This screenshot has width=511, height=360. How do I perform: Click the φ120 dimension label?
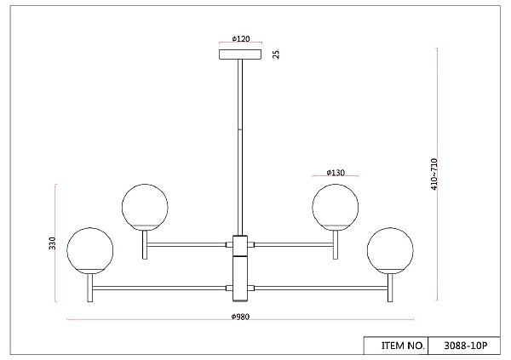(241, 39)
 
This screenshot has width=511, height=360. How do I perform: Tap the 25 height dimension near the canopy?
(276, 54)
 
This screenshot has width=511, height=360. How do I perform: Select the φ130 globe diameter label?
(336, 173)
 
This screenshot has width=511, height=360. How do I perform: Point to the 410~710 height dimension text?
(433, 174)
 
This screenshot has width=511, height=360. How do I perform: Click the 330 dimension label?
(52, 243)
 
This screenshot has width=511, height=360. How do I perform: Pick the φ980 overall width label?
(240, 317)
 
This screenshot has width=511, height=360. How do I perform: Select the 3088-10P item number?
(465, 346)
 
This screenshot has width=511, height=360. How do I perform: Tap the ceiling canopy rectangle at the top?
(240, 54)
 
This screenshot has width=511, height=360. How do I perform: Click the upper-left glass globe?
(145, 207)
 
